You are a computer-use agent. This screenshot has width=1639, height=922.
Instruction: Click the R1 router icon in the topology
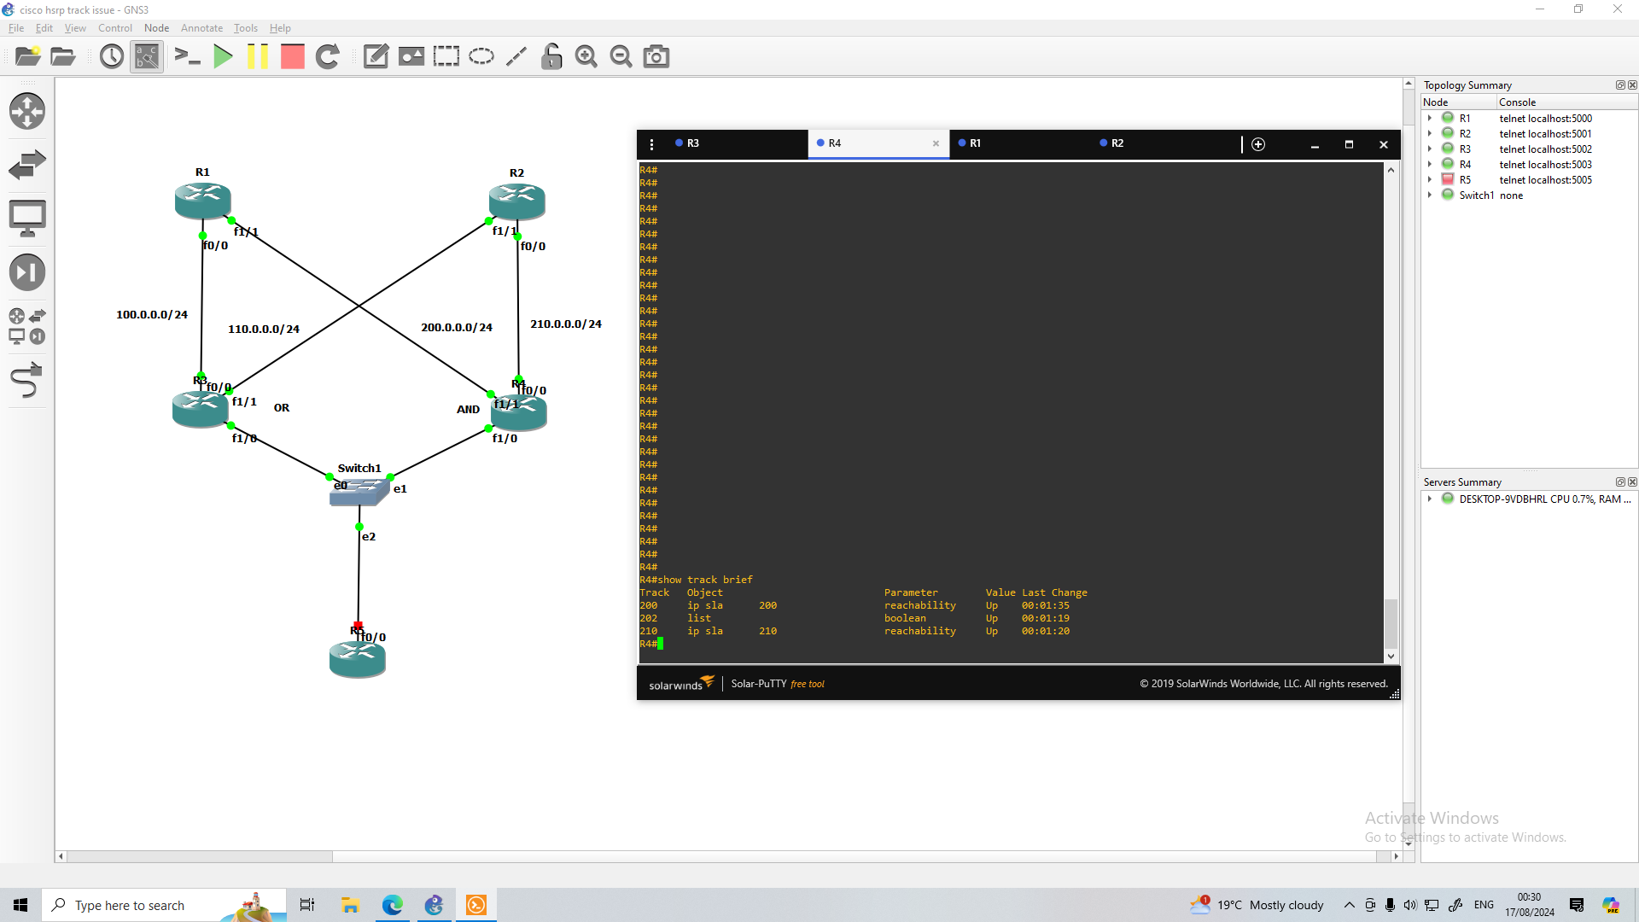pyautogui.click(x=202, y=200)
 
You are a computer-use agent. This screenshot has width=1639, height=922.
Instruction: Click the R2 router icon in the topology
pyautogui.click(x=516, y=201)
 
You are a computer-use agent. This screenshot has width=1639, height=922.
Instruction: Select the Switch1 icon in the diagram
pyautogui.click(x=359, y=491)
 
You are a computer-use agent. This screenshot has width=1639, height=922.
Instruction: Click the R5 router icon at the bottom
pyautogui.click(x=357, y=660)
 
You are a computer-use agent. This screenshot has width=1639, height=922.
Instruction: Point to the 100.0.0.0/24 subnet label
pyautogui.click(x=152, y=314)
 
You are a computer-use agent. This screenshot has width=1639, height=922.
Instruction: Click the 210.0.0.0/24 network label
pyautogui.click(x=565, y=324)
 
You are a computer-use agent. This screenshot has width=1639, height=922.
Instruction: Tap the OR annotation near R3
pyautogui.click(x=282, y=408)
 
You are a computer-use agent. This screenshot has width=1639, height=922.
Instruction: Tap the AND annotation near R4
pyautogui.click(x=468, y=409)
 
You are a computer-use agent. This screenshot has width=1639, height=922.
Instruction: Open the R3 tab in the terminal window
pyautogui.click(x=692, y=143)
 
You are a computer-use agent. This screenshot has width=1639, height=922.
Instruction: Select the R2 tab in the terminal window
pyautogui.click(x=1117, y=143)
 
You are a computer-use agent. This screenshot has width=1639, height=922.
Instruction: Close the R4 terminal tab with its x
pyautogui.click(x=936, y=143)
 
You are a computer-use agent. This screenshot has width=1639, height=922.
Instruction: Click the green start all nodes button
pyautogui.click(x=223, y=57)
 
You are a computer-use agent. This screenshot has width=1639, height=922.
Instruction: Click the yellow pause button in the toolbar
pyautogui.click(x=257, y=57)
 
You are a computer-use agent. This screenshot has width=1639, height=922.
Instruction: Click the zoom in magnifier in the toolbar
pyautogui.click(x=586, y=57)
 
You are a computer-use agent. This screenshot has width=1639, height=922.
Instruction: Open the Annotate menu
pyautogui.click(x=201, y=28)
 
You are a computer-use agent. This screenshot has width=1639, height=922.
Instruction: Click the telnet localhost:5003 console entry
pyautogui.click(x=1545, y=165)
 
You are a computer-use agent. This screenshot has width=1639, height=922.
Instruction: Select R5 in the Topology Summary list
pyautogui.click(x=1465, y=180)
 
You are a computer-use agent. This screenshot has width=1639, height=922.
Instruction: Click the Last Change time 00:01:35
pyautogui.click(x=1045, y=605)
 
